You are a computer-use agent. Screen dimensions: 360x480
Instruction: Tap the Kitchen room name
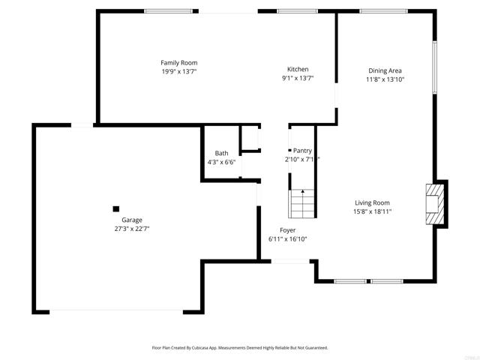(x=298, y=69)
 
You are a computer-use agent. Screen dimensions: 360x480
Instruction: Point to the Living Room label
(x=372, y=202)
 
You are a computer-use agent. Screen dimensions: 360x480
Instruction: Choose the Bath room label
(x=221, y=153)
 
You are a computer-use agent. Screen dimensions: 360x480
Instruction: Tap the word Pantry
(x=302, y=151)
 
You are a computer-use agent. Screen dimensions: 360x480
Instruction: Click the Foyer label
(x=287, y=230)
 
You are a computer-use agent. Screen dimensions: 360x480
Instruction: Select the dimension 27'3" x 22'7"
(x=127, y=229)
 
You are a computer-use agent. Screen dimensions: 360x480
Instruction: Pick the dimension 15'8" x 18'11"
(x=373, y=211)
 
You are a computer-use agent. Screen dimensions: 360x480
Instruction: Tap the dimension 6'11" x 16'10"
(x=287, y=239)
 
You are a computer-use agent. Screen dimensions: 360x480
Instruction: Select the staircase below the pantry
(x=302, y=202)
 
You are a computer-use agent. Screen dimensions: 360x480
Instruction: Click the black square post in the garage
(x=115, y=208)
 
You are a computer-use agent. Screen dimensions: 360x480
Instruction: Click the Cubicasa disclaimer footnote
(x=240, y=348)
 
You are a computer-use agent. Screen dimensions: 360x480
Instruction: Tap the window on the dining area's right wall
(x=433, y=67)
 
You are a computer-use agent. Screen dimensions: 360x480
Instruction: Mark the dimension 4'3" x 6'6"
(x=221, y=162)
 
